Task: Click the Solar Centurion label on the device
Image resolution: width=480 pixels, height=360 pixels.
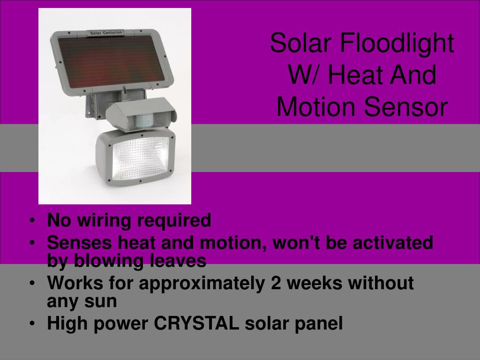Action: point(106,33)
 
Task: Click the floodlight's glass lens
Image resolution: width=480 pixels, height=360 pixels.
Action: point(141,158)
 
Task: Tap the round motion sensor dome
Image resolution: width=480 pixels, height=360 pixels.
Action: point(144,122)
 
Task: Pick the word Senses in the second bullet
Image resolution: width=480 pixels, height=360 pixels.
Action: point(79,242)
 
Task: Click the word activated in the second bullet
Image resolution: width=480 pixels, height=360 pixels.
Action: point(393,242)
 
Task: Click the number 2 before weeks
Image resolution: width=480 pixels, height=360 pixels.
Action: point(276,283)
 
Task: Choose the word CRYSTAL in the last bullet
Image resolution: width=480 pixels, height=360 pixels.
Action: point(196,323)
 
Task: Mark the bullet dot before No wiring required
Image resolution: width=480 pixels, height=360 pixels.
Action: point(32,220)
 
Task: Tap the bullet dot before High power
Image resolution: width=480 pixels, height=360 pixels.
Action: point(32,323)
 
